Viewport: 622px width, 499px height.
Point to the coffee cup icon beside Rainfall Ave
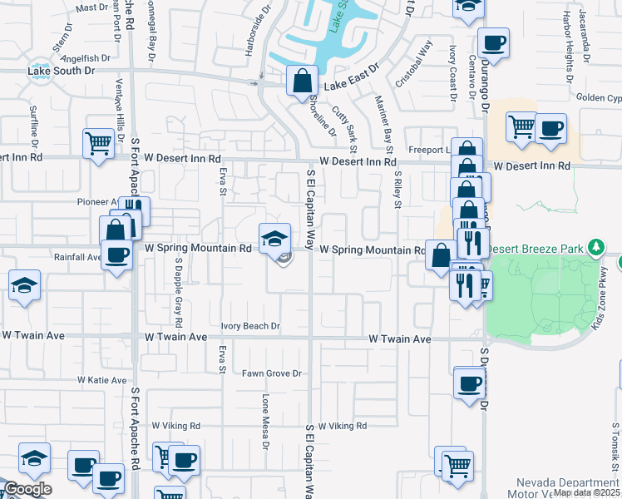click(x=116, y=255)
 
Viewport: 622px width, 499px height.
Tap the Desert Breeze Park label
click(x=536, y=248)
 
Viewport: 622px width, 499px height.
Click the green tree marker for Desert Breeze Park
click(x=595, y=248)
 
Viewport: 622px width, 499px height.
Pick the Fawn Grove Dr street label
click(x=272, y=373)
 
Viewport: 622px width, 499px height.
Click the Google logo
click(x=27, y=489)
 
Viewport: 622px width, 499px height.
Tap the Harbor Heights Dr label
click(x=567, y=40)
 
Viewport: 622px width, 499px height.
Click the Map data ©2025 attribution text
click(x=586, y=492)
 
